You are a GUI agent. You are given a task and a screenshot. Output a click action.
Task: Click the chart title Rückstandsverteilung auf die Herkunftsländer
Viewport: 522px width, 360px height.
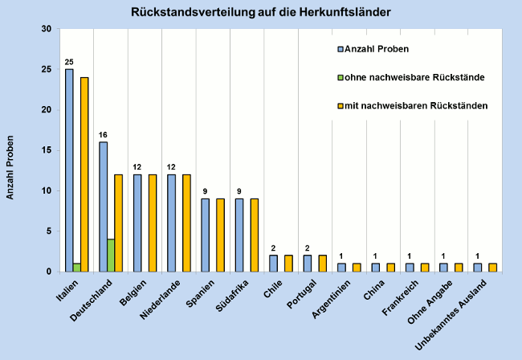[262, 13]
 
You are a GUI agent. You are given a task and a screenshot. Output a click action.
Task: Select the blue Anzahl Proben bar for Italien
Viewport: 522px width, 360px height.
[69, 170]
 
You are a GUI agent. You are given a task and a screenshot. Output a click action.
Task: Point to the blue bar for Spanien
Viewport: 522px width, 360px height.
[206, 235]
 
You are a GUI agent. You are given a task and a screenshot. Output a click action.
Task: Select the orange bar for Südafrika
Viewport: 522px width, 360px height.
[255, 235]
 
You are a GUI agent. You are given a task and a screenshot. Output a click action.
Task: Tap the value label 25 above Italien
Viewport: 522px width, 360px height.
[69, 62]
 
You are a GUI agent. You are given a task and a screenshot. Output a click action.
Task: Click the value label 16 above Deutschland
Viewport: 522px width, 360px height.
[103, 135]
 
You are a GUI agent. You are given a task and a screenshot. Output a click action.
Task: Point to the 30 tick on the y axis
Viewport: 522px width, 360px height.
[45, 29]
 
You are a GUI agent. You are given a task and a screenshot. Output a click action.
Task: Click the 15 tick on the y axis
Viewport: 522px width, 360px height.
[45, 150]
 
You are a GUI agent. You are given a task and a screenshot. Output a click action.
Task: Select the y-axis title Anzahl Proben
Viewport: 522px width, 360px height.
[10, 172]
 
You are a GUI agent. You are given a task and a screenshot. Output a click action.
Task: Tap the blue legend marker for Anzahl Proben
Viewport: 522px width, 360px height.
[341, 50]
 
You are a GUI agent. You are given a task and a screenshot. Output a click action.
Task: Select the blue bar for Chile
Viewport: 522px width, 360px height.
[273, 263]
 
